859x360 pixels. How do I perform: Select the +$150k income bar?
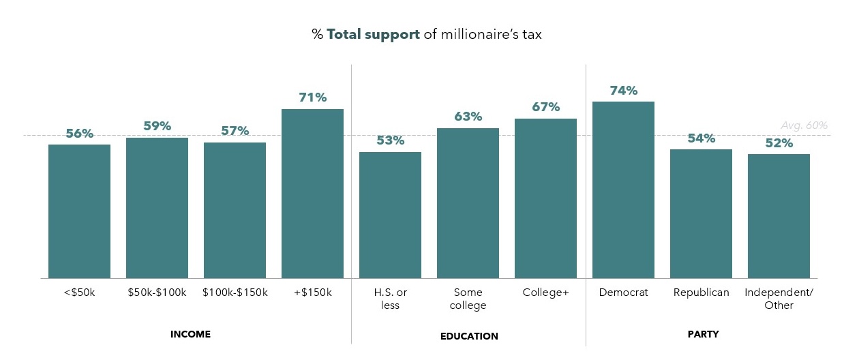click(x=312, y=194)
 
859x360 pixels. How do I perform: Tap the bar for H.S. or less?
click(x=390, y=215)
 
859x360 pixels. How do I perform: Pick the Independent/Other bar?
click(x=779, y=216)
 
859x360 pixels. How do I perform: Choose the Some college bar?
click(x=468, y=203)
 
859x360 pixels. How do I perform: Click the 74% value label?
click(x=623, y=91)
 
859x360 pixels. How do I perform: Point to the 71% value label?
click(x=312, y=97)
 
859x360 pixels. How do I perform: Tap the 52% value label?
click(x=779, y=143)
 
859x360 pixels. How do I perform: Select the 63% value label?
click(x=468, y=117)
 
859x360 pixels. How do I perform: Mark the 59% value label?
click(x=157, y=126)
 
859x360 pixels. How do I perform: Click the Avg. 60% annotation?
click(x=804, y=125)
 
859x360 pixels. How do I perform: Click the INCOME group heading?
click(x=190, y=335)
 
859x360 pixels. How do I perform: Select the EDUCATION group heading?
click(x=468, y=336)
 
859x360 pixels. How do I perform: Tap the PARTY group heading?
click(x=704, y=335)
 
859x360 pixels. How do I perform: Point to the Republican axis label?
click(x=701, y=292)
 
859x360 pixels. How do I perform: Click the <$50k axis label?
click(x=79, y=292)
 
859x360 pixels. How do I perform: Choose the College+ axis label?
click(x=545, y=292)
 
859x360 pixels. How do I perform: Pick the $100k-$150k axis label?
click(x=235, y=292)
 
